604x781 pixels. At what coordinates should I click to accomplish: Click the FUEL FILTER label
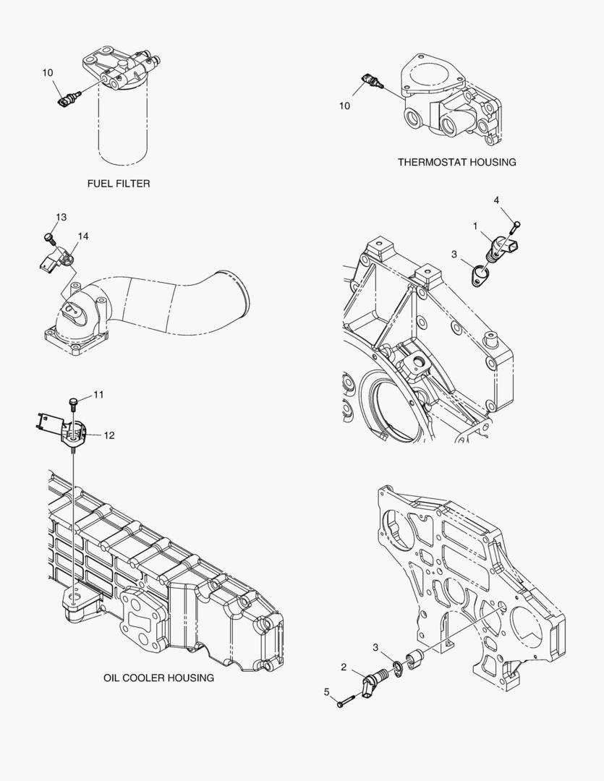coord(119,184)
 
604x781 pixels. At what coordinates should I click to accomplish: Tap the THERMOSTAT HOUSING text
coord(456,162)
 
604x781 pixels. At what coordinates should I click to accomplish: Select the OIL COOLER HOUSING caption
coord(158,678)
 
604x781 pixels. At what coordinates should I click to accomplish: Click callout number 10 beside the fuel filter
coord(48,72)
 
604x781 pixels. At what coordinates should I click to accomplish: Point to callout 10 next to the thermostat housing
coord(344,106)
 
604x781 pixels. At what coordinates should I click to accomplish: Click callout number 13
coord(61,218)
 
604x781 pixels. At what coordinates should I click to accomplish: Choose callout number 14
coord(83,236)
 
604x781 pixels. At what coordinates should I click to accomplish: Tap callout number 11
coord(98,394)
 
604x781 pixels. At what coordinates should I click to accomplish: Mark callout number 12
coord(109,435)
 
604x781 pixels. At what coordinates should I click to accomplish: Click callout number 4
coord(496,200)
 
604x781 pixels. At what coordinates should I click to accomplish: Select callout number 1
coord(475,226)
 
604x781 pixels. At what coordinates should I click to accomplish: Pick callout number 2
coord(344,667)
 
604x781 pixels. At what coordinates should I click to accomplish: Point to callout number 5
coord(327,692)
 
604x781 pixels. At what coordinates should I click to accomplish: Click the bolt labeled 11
coord(72,402)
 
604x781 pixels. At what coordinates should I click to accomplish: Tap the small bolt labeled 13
coord(49,236)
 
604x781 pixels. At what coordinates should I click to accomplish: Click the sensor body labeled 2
coord(374,683)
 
